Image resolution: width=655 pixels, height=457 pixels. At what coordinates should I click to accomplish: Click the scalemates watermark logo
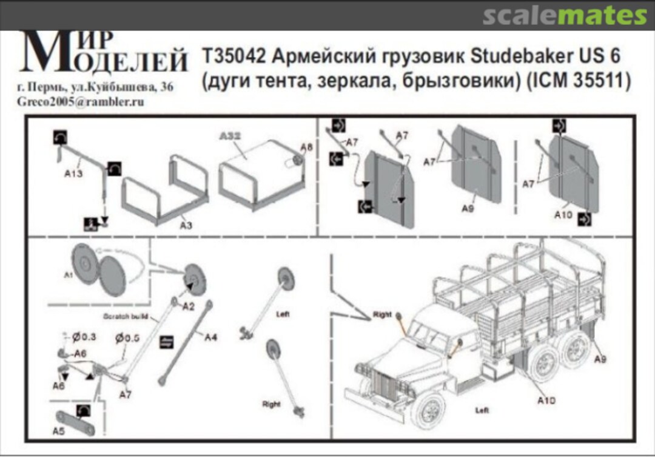click(x=565, y=15)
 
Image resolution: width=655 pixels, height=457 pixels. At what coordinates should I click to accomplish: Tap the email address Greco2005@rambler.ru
click(x=81, y=101)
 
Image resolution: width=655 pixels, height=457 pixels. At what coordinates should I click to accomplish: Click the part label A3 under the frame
click(x=186, y=225)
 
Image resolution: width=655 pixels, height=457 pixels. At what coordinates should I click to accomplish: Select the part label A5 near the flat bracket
click(x=59, y=432)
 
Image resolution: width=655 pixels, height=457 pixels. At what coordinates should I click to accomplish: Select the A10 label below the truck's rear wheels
click(x=546, y=400)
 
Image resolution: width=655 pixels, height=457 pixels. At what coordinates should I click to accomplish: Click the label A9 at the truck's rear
click(x=599, y=359)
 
